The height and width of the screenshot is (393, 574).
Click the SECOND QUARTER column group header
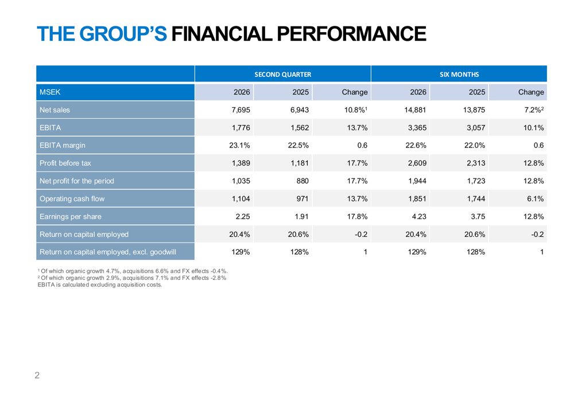282,74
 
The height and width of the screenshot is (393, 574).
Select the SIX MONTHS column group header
459,74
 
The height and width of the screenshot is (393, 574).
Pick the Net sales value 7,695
241,110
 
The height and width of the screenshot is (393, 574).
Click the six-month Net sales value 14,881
415,110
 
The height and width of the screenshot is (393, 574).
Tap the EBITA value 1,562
300,128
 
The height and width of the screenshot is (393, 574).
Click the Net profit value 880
302,181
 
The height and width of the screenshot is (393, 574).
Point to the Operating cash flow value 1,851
417,199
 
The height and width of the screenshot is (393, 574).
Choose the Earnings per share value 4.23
419,216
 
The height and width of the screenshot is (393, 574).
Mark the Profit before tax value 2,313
476,163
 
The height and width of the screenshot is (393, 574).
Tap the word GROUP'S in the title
123,34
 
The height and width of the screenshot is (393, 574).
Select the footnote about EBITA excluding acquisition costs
100,285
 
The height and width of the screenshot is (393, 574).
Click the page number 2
37,375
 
